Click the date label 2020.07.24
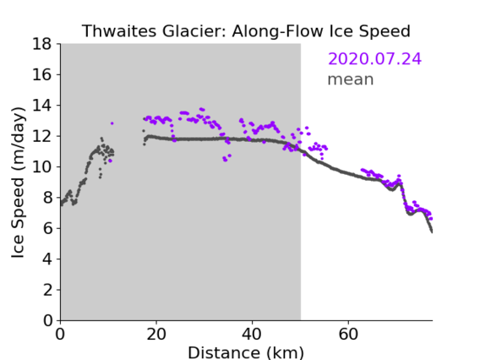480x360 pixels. coord(374,58)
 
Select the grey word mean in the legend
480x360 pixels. coord(351,79)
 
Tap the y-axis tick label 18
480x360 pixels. coord(42,44)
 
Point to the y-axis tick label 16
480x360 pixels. coord(42,74)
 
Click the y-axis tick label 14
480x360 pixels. coord(42,106)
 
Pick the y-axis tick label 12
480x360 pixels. coord(42,136)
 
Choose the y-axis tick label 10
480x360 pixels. coord(42,166)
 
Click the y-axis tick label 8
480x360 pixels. coord(47,198)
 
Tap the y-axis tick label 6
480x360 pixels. coord(47,228)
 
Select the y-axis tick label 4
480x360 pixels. coord(47,259)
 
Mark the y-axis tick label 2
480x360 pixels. coord(47,290)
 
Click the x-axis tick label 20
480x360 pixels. coord(156,334)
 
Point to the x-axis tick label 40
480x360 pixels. coord(252,334)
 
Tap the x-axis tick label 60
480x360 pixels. coord(348,334)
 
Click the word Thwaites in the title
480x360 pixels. coord(120,31)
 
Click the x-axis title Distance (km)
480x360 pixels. coord(246,353)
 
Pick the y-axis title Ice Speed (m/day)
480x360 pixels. coord(18,183)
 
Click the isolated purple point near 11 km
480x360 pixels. coord(112,123)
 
